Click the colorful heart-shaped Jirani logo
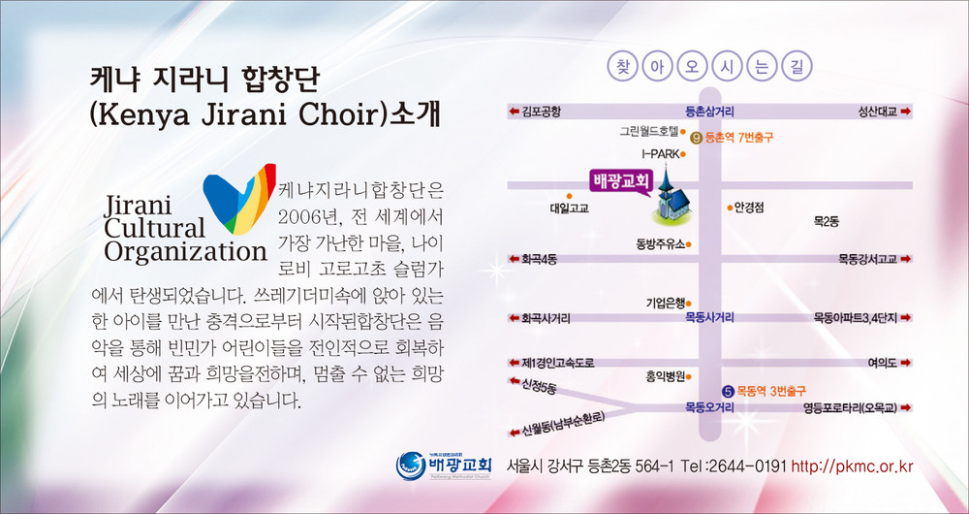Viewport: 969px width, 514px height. tap(239, 199)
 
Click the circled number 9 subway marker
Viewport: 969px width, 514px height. tap(696, 138)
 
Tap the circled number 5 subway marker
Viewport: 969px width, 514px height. tap(728, 391)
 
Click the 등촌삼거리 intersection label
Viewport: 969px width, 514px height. tap(709, 112)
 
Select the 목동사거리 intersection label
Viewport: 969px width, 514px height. tap(709, 318)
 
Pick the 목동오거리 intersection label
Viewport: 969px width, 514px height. tap(709, 407)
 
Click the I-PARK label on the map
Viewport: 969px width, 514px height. tap(661, 153)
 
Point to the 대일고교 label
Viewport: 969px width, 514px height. tap(569, 209)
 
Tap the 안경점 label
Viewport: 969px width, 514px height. tap(749, 208)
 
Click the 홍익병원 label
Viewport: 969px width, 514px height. tap(665, 375)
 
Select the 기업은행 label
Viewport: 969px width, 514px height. tap(666, 304)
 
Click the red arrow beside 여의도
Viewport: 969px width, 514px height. tap(906, 363)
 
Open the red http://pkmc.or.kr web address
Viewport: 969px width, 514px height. tap(852, 466)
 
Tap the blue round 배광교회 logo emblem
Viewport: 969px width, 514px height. tap(410, 466)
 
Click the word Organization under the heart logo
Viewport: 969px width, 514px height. tap(185, 251)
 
